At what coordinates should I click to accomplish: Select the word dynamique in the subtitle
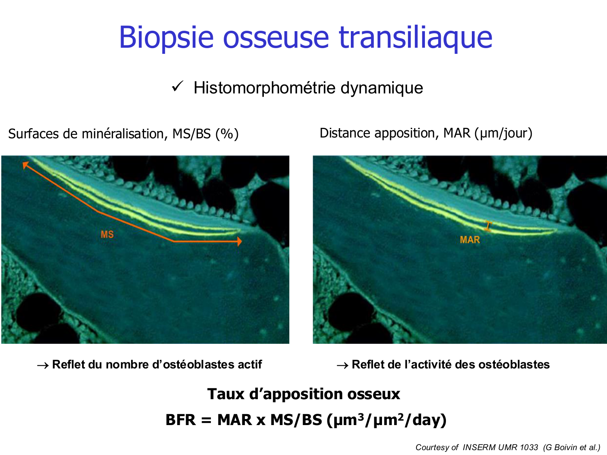(x=382, y=88)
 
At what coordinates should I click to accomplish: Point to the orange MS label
(x=107, y=235)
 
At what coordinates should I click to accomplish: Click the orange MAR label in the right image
(x=470, y=240)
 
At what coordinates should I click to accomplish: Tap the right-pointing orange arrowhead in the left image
(x=239, y=241)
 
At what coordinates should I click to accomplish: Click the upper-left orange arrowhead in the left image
(x=25, y=165)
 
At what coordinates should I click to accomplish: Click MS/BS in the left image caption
(x=191, y=134)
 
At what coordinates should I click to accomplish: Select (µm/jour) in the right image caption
(x=503, y=133)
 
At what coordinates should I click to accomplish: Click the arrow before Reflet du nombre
(x=43, y=366)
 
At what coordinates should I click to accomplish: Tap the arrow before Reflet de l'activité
(x=342, y=366)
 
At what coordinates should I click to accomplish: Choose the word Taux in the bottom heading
(x=226, y=394)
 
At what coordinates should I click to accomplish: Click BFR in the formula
(x=180, y=420)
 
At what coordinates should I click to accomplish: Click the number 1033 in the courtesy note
(x=529, y=447)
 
